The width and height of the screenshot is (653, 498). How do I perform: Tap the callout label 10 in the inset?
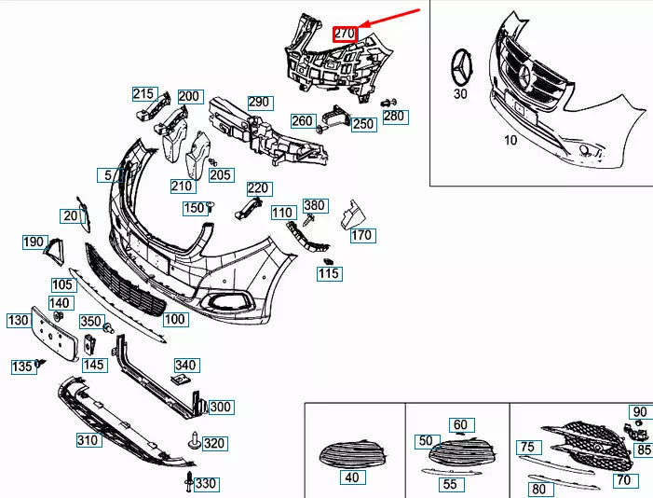[x=510, y=140]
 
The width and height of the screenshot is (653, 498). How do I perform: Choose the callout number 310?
[x=88, y=439]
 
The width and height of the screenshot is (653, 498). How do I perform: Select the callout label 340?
[x=185, y=365]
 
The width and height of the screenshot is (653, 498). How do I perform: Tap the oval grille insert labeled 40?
[x=351, y=455]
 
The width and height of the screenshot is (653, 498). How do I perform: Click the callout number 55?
[x=449, y=484]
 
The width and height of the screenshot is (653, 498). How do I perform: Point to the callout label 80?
[x=537, y=488]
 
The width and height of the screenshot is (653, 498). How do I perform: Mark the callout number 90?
[x=639, y=412]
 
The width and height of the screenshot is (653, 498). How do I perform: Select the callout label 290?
[x=258, y=103]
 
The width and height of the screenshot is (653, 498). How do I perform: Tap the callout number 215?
[x=143, y=93]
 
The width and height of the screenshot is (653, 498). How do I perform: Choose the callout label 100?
[x=175, y=319]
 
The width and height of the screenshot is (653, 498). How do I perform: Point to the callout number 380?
[x=315, y=205]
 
